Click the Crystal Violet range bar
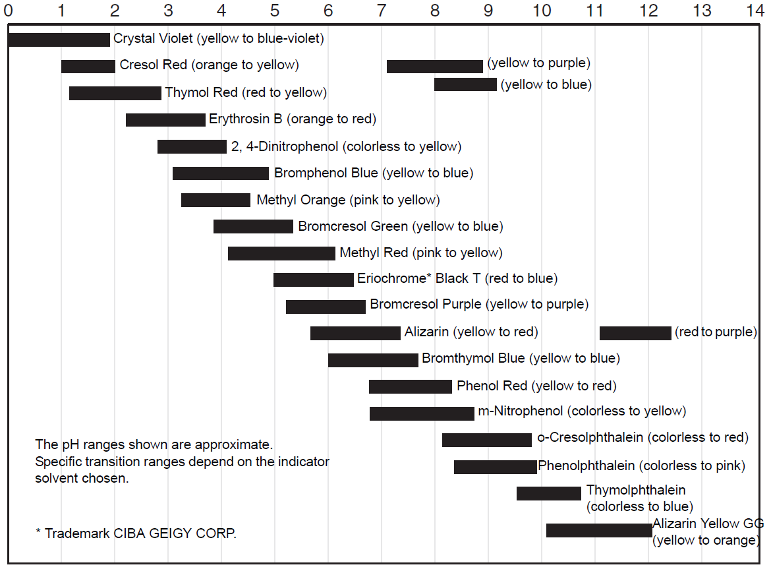point(59,40)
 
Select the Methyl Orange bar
point(215,200)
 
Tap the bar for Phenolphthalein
point(496,467)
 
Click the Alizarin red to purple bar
point(635,333)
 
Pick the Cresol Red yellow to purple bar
point(435,66)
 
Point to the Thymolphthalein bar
point(549,493)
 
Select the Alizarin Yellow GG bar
point(599,530)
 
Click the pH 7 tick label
point(381,11)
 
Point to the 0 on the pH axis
point(8,11)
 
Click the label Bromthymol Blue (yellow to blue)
point(521,359)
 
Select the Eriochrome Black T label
point(457,278)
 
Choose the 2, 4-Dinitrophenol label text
point(346,146)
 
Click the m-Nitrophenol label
point(582,411)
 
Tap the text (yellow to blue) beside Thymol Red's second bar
point(546,84)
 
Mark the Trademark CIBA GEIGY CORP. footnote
point(136,533)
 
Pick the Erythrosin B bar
point(165,120)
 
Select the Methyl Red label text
point(420,253)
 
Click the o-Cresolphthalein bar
point(487,440)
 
